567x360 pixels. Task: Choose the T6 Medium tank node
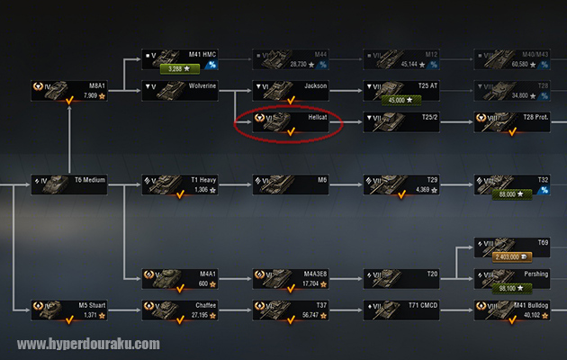point(68,184)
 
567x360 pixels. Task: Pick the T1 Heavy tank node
point(179,184)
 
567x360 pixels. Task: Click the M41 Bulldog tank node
point(511,310)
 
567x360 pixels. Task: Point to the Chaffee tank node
point(179,310)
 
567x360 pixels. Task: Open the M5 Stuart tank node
point(68,310)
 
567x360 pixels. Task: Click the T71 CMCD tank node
point(400,310)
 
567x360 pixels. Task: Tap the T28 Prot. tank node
point(511,122)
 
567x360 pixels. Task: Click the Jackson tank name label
point(315,85)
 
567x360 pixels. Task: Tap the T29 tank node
point(400,184)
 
